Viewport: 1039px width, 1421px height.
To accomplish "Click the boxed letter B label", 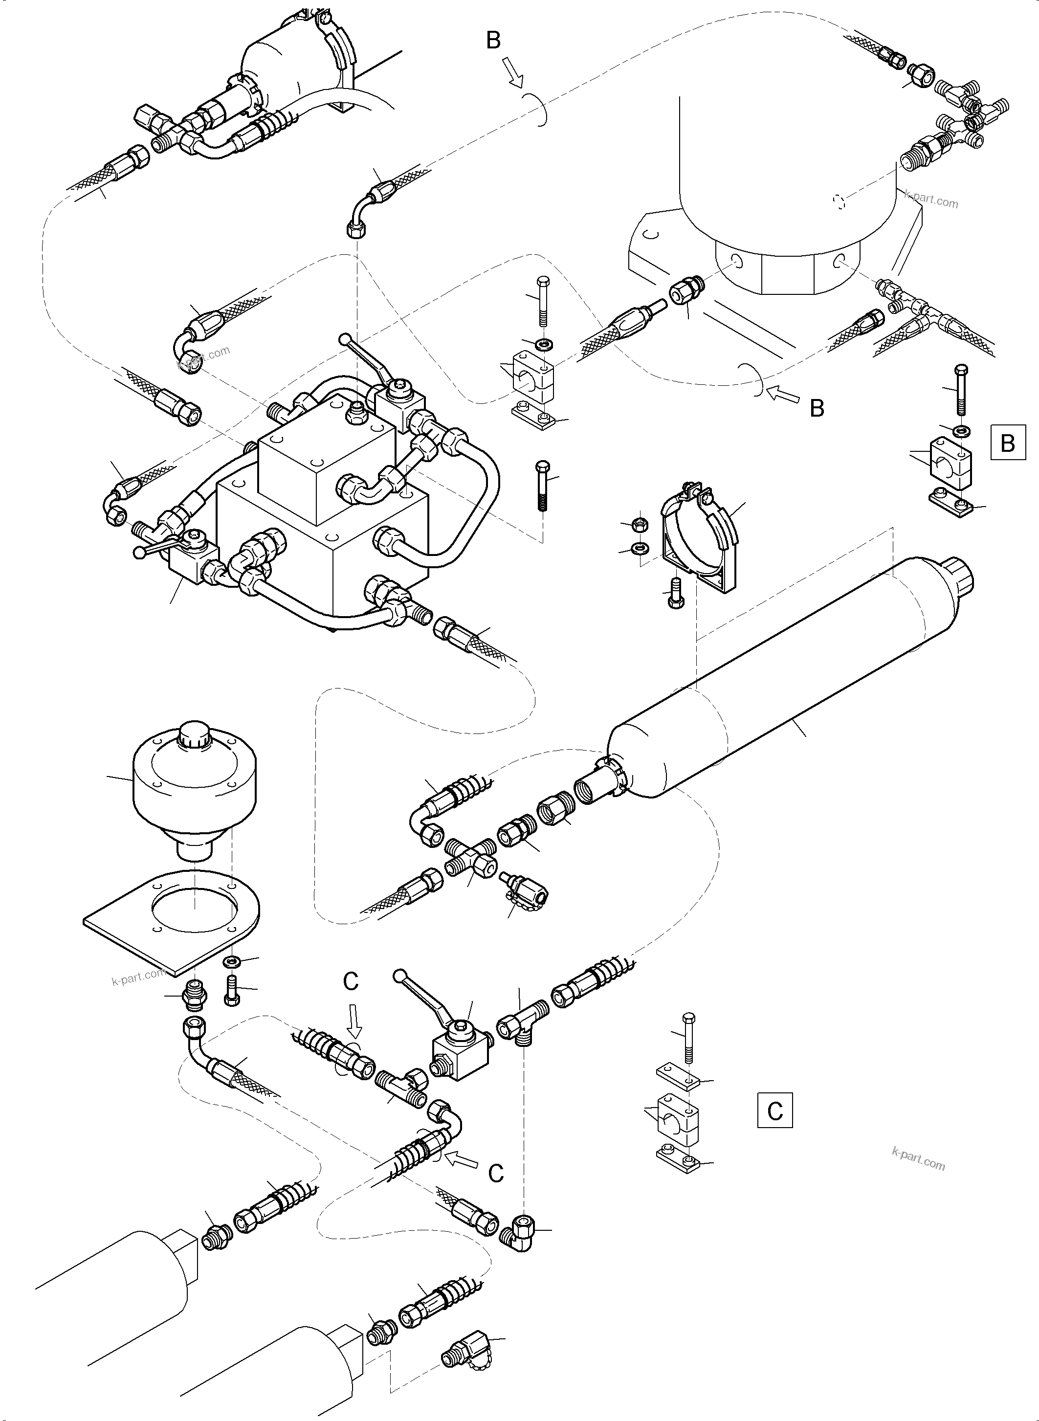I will [1008, 443].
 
